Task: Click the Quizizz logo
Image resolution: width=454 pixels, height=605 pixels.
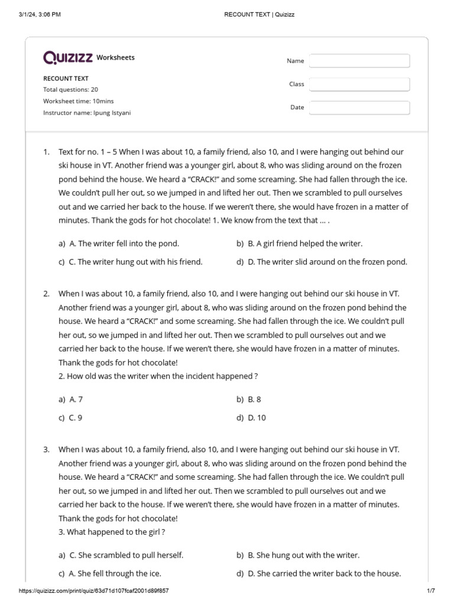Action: coord(67,57)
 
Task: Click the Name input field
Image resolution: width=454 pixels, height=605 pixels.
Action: coord(359,61)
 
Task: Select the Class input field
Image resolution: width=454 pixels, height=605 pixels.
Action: coord(359,84)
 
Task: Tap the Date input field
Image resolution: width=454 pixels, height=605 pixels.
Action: coord(359,108)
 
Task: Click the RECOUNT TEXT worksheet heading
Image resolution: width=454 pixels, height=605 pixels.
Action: coord(66,78)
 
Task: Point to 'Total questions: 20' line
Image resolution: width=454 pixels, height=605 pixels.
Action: coord(70,90)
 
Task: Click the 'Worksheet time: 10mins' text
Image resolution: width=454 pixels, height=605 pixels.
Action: coord(78,101)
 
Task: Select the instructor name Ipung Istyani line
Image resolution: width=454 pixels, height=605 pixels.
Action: coord(87,113)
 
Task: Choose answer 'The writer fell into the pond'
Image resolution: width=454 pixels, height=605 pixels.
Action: coord(124,243)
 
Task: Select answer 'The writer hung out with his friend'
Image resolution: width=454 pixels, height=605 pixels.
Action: coord(135,262)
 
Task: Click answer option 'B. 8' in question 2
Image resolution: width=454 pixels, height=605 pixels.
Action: coord(254,399)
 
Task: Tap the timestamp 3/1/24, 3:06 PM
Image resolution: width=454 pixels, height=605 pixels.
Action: coord(40,14)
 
